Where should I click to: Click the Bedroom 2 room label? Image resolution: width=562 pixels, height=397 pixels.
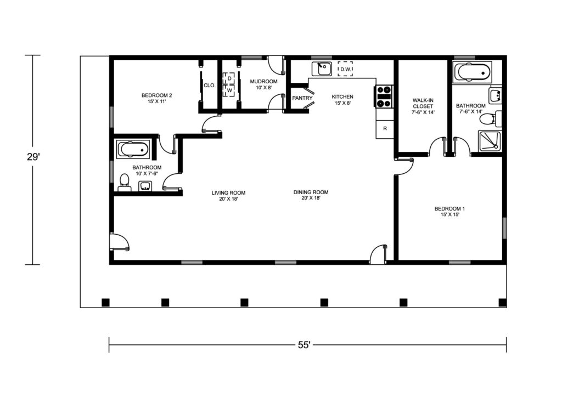pyautogui.click(x=156, y=98)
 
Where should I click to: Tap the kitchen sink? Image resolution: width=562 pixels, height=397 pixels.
pyautogui.click(x=322, y=69)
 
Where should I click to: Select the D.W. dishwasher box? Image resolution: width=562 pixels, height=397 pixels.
pyautogui.click(x=345, y=69)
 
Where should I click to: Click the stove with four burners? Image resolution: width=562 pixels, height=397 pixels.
pyautogui.click(x=384, y=97)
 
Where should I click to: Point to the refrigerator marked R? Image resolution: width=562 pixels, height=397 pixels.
pyautogui.click(x=385, y=128)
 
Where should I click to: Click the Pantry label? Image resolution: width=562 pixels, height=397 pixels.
pyautogui.click(x=302, y=98)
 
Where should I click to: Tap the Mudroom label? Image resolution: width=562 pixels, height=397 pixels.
pyautogui.click(x=264, y=84)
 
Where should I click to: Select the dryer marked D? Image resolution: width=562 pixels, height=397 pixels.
pyautogui.click(x=229, y=78)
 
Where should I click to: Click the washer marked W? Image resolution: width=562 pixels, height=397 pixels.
pyautogui.click(x=229, y=90)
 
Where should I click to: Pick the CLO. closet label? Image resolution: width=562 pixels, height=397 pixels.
pyautogui.click(x=210, y=86)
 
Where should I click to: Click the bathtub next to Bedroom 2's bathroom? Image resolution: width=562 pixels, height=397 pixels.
pyautogui.click(x=132, y=149)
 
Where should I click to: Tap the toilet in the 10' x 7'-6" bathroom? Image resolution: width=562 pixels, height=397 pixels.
pyautogui.click(x=125, y=182)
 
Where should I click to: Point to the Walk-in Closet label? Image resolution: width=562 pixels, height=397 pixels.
pyautogui.click(x=423, y=106)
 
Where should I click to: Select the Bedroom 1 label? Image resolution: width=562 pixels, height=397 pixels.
pyautogui.click(x=450, y=212)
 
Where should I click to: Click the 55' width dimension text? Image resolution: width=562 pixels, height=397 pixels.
pyautogui.click(x=304, y=345)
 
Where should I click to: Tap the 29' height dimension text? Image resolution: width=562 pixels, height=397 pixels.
pyautogui.click(x=33, y=157)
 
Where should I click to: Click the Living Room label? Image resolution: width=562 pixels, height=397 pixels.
pyautogui.click(x=228, y=196)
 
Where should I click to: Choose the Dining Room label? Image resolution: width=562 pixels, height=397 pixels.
pyautogui.click(x=311, y=195)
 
